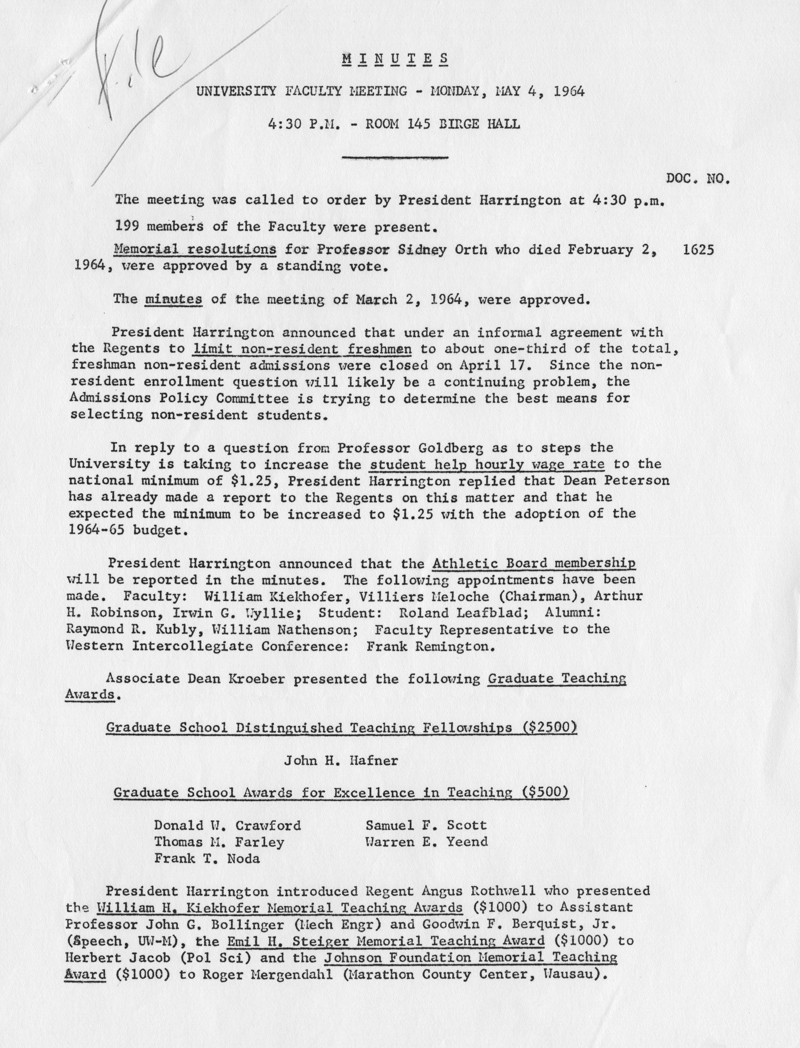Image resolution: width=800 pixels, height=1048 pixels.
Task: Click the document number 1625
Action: click(x=699, y=250)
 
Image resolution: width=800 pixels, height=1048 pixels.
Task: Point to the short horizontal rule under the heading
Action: click(x=395, y=157)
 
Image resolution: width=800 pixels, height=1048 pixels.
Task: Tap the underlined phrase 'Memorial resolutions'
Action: click(x=195, y=250)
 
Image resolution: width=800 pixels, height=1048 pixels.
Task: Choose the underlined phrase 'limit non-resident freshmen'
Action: click(x=302, y=349)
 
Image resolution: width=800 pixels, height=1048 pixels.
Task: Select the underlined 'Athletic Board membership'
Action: click(x=533, y=564)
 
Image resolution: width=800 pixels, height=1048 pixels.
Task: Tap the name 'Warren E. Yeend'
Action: click(x=426, y=842)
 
